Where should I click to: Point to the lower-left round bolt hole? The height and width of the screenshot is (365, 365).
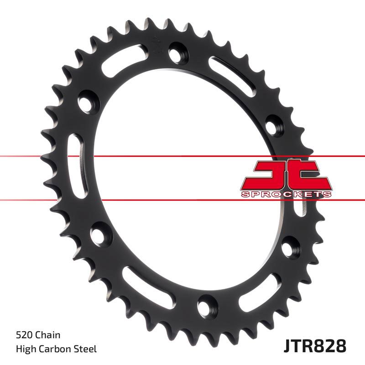98,234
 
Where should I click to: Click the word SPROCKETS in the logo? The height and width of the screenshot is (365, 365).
285,194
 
